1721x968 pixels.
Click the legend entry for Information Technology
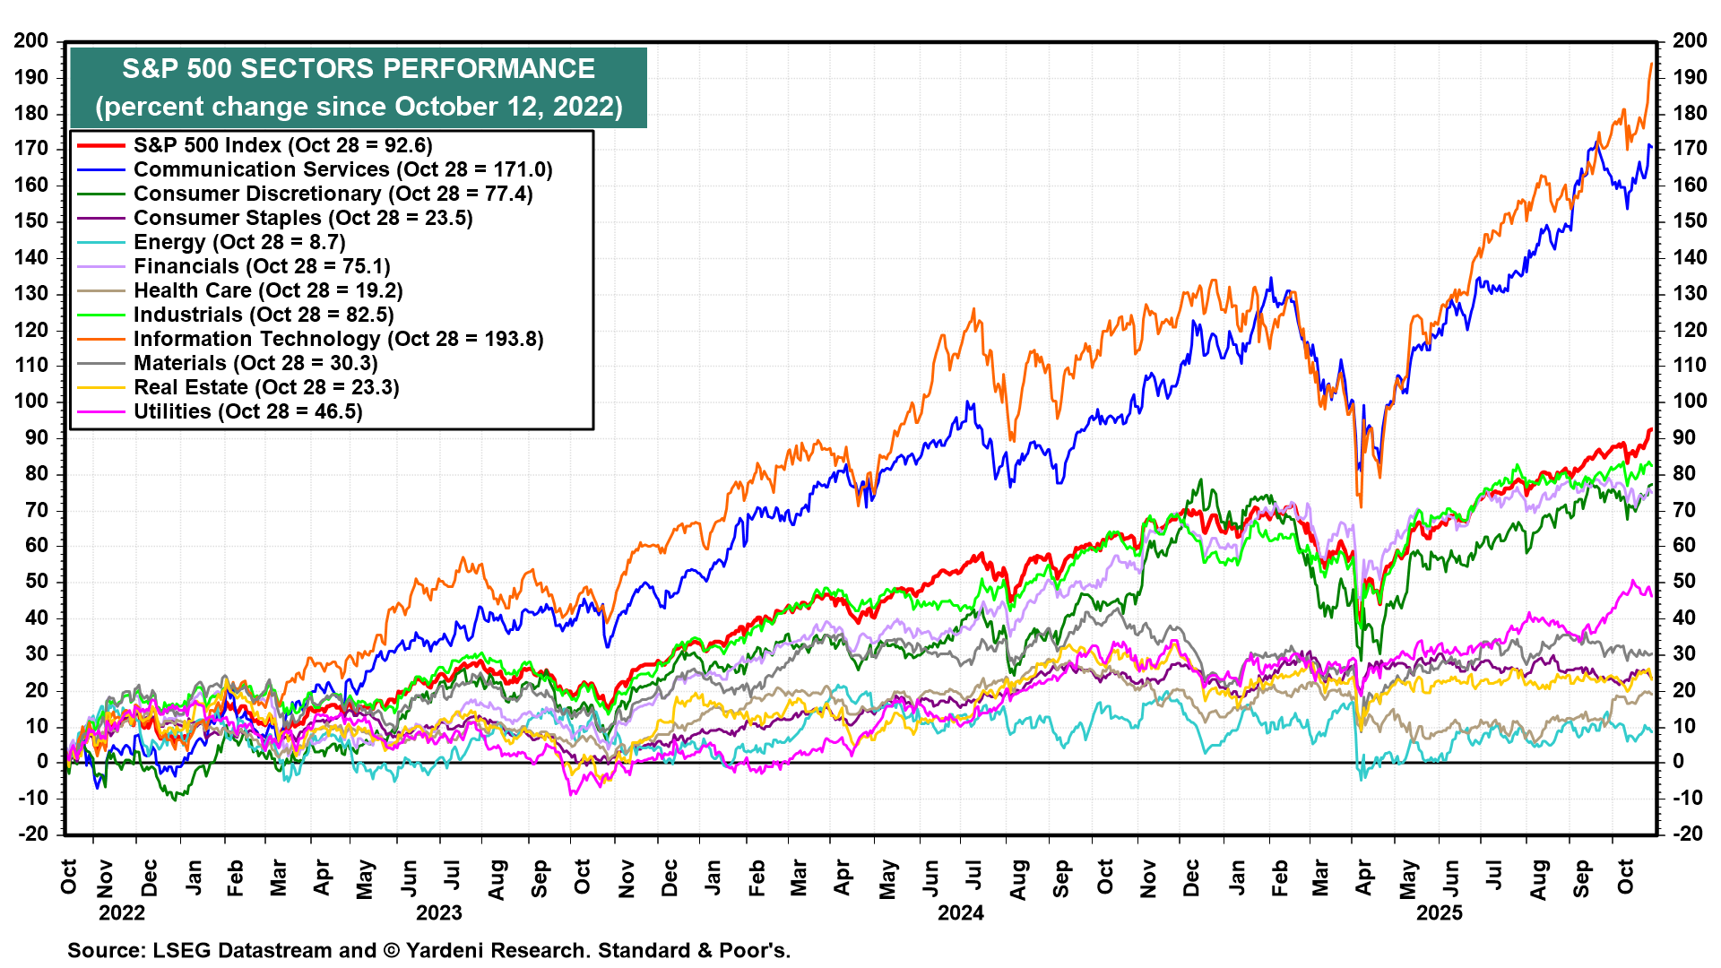point(338,340)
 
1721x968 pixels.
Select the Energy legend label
point(239,243)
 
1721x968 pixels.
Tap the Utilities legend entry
point(247,412)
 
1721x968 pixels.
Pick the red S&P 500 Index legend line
point(99,145)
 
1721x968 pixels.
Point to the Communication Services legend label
point(342,170)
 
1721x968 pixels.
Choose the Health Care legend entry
point(268,291)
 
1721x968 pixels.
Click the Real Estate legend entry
point(266,388)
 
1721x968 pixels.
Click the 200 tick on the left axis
point(31,41)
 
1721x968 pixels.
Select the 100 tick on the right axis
point(1690,402)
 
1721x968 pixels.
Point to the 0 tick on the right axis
point(1679,762)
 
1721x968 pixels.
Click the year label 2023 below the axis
point(439,913)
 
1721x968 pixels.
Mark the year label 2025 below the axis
point(1440,913)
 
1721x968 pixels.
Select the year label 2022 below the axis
point(122,913)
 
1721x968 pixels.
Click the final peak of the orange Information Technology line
point(1651,64)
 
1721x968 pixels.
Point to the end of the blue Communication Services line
point(1651,147)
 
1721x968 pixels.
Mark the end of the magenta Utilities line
point(1651,594)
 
